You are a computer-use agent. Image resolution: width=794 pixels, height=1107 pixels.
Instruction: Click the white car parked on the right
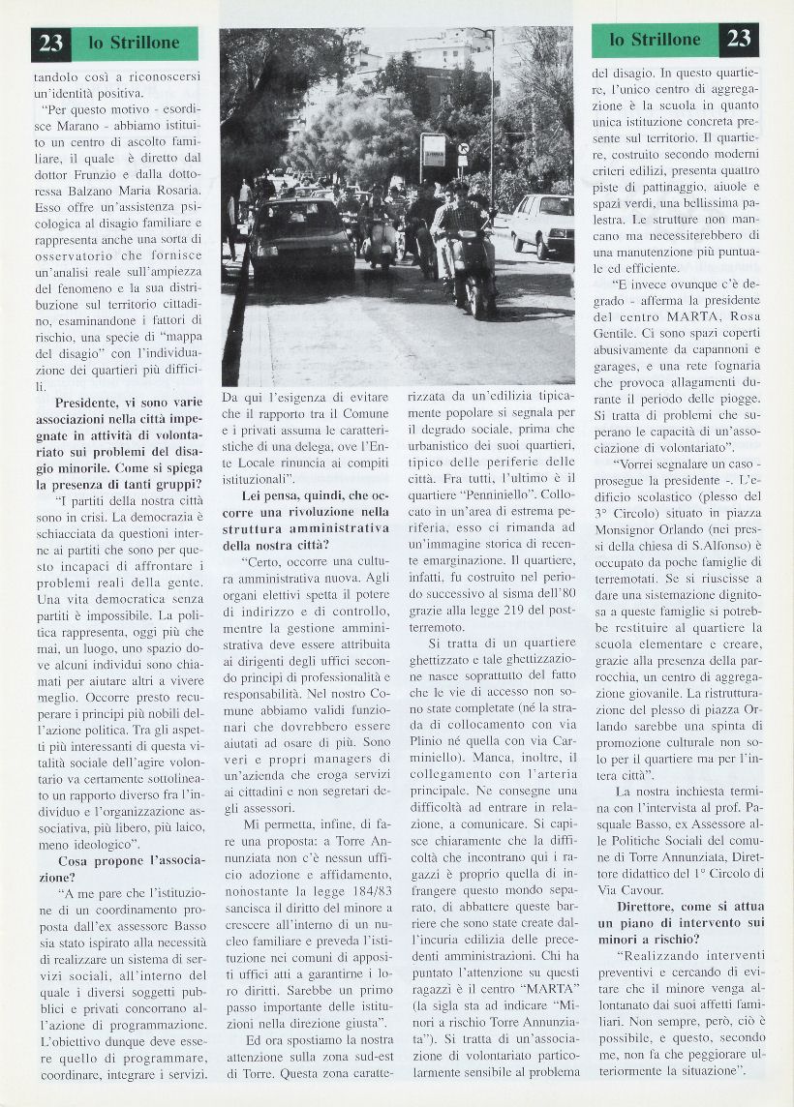coord(541,224)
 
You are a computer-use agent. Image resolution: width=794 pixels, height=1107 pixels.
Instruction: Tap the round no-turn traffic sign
coord(463,149)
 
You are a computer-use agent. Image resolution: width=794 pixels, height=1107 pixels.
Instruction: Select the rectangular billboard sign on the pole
coord(433,152)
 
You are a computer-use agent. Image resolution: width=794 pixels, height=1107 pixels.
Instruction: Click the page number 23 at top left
coord(51,43)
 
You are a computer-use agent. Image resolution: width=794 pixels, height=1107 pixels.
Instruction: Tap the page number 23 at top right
coord(739,39)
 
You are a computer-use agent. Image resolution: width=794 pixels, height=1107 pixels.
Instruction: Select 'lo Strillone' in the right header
coord(655,40)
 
